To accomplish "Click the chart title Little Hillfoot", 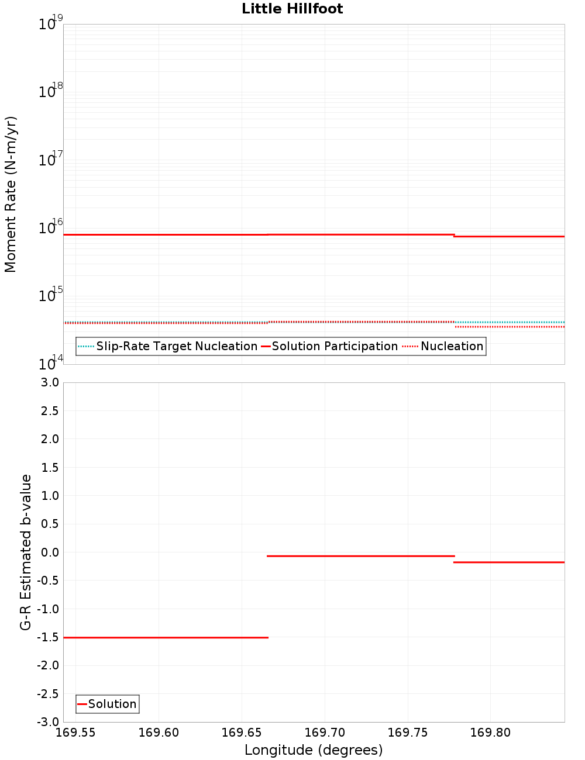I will (x=292, y=9).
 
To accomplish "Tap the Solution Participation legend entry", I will (x=335, y=346).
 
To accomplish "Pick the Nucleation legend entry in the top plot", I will (x=452, y=346).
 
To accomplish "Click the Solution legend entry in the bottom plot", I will (x=112, y=704).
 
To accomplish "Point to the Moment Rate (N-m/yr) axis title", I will (x=11, y=194).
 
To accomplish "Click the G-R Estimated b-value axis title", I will (x=26, y=552).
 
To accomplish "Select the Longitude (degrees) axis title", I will (x=314, y=750).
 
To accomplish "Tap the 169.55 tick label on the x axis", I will (x=75, y=733).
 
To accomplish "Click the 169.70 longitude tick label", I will (x=325, y=733).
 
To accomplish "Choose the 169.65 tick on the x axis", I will (x=242, y=733).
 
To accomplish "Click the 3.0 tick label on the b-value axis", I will (x=48, y=382).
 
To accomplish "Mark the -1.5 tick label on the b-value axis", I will (x=47, y=637).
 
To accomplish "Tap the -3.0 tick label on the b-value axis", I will (x=47, y=721).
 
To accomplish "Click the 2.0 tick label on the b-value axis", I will (x=48, y=439).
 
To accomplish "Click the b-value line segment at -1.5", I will (x=166, y=637).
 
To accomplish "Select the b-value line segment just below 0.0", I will (x=360, y=556).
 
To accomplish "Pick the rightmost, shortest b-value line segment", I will (x=509, y=562).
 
